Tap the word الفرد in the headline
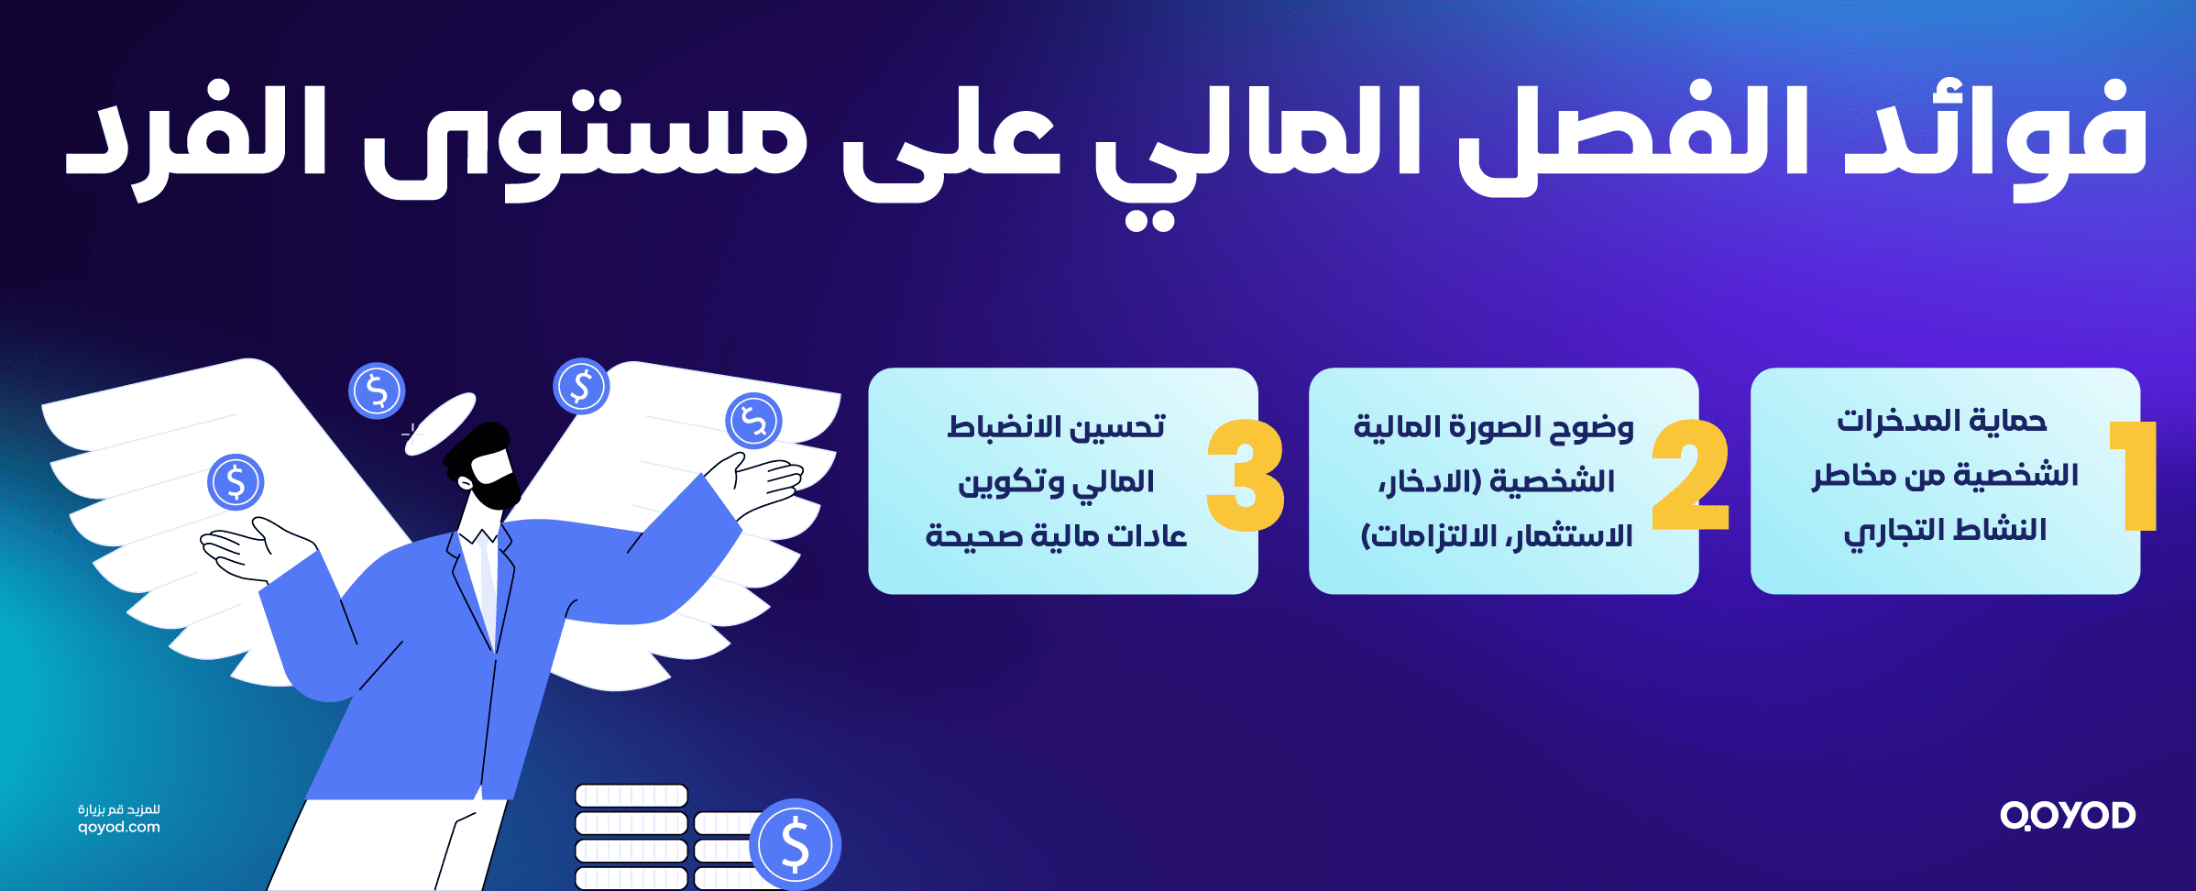click(x=197, y=137)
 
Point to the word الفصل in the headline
click(x=1613, y=137)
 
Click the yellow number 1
click(x=2136, y=477)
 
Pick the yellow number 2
click(x=1691, y=477)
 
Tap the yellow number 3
click(x=1245, y=477)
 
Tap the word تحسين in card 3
click(x=1118, y=427)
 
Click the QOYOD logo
click(x=2068, y=815)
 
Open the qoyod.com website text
click(x=119, y=828)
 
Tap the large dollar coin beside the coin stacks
click(x=795, y=844)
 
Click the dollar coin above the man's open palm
click(x=236, y=482)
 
